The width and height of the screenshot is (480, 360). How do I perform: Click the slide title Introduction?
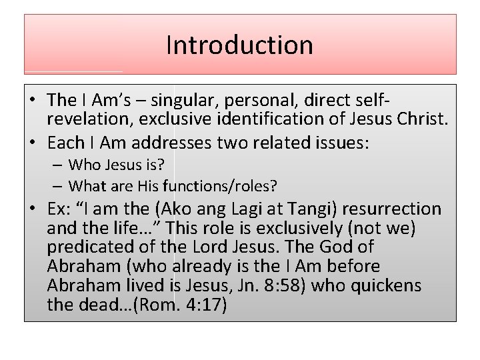[x=239, y=45]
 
